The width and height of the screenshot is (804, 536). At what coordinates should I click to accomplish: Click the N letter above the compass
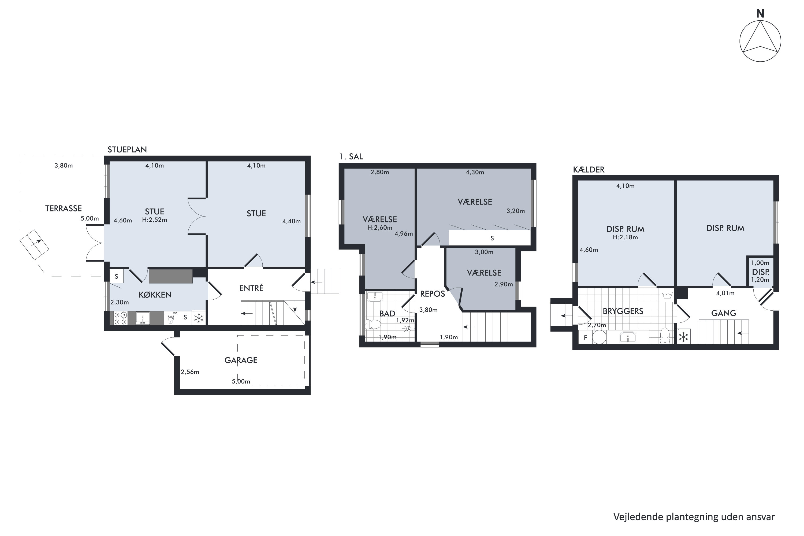point(760,14)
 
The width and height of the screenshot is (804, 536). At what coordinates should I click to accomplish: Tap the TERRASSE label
point(64,209)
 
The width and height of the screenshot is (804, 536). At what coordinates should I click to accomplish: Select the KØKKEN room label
point(155,295)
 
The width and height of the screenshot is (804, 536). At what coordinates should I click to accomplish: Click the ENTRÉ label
point(251,288)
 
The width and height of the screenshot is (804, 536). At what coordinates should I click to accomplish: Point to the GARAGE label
point(241,360)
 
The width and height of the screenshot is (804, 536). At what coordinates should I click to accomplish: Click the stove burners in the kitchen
point(120,318)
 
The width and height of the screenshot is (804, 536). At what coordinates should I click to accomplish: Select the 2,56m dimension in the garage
point(190,372)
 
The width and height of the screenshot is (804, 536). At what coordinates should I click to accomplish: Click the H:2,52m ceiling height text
point(155,220)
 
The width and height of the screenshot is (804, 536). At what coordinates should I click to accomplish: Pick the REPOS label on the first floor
point(433,294)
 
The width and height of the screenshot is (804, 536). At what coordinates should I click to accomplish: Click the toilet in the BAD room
point(373,324)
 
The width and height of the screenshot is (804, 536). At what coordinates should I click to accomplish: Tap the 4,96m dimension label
point(404,234)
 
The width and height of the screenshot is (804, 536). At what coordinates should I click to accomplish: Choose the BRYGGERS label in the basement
point(623,311)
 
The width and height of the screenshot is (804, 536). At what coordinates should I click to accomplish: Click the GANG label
point(724,313)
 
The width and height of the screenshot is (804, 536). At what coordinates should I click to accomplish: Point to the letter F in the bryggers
point(585,338)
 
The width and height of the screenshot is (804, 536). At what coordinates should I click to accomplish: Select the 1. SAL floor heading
point(351,157)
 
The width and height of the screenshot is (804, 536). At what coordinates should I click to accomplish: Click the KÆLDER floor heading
point(589,170)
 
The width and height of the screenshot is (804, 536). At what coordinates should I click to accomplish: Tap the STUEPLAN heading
point(127,149)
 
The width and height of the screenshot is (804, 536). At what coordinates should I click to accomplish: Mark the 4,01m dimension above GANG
point(725,293)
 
